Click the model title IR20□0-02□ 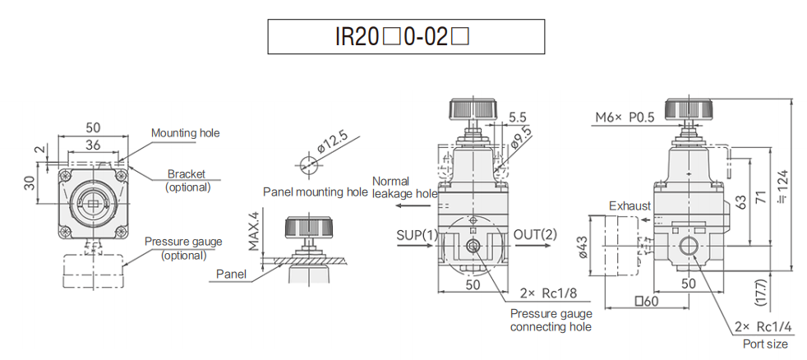(407, 37)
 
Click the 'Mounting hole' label (185, 132)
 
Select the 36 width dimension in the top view (93, 144)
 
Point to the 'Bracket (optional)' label (187, 180)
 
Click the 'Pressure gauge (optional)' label (182, 247)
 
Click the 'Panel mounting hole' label (315, 192)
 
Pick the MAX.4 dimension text (254, 232)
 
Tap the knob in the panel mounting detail (308, 226)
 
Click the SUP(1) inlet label (417, 234)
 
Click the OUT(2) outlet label (535, 234)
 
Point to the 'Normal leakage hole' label (404, 187)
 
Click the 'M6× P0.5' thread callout (625, 118)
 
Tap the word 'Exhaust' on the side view (629, 205)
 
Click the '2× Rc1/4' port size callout (764, 327)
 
